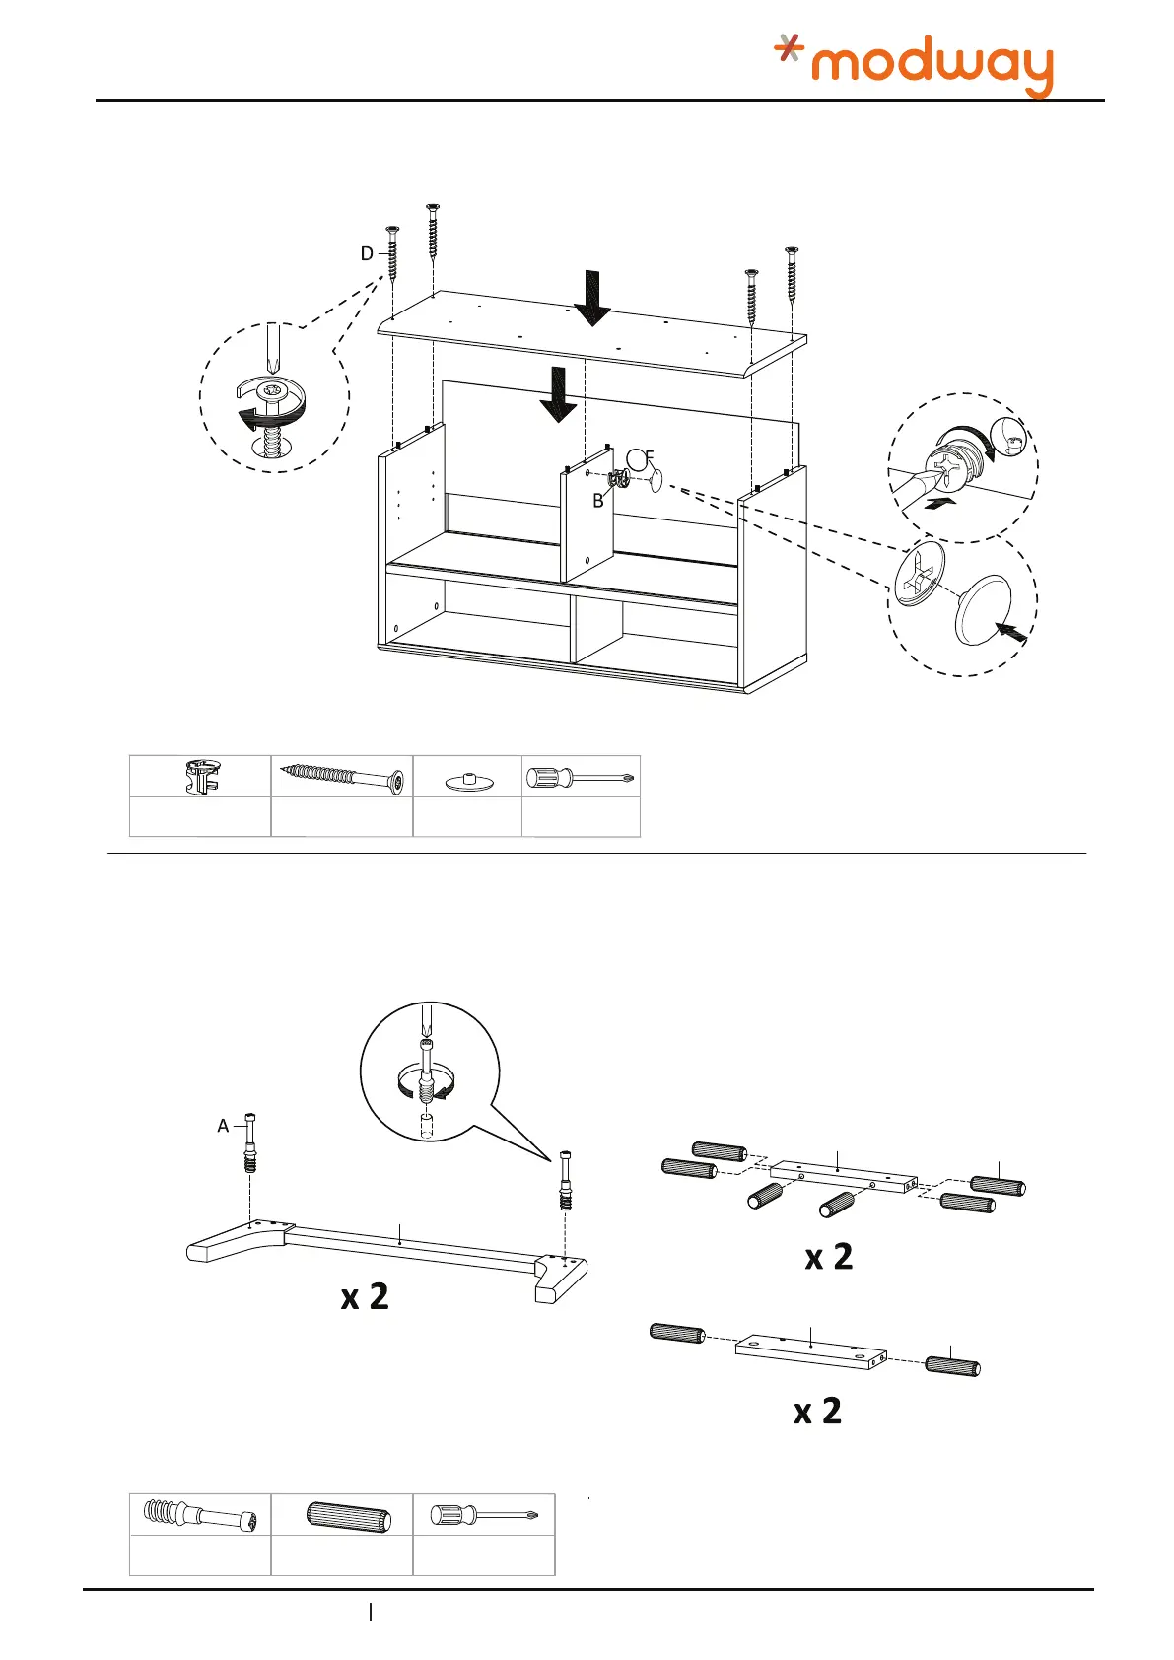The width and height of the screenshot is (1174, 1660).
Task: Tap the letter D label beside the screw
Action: tap(367, 254)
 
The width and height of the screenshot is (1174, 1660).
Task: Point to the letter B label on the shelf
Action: tap(597, 501)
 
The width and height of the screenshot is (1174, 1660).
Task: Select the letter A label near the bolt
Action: tap(223, 1126)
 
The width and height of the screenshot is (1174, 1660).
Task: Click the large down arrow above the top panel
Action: tap(592, 298)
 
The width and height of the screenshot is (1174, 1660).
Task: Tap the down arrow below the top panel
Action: tap(559, 393)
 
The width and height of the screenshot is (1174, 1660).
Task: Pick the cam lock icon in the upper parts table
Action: tap(200, 777)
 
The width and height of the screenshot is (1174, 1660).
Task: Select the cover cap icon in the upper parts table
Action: tap(467, 781)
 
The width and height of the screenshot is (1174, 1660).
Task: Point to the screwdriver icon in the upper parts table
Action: tap(581, 779)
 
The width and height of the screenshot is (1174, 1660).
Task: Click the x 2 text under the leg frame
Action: tap(365, 1297)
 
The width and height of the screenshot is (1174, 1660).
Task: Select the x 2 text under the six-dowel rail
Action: tap(829, 1258)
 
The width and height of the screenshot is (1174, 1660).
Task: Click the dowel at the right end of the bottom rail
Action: tap(952, 1366)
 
